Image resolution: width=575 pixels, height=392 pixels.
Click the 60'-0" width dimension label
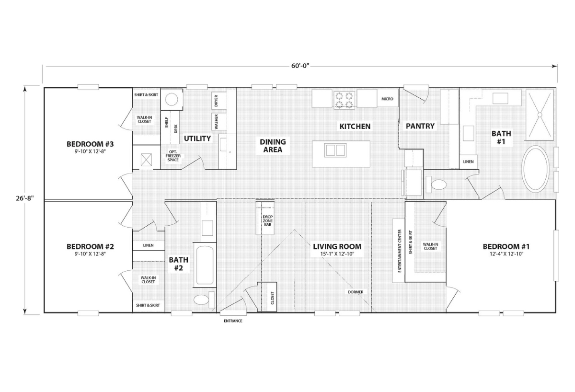[x=300, y=66]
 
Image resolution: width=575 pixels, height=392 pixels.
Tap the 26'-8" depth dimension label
[x=24, y=198]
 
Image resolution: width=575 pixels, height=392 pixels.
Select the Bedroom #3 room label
[x=90, y=144]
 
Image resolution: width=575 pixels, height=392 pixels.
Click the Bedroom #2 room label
[x=90, y=247]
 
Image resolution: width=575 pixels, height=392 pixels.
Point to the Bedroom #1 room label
[x=506, y=247]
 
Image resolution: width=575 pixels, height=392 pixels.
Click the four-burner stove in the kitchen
[x=344, y=100]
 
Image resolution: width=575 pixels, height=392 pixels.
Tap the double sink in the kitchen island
[x=335, y=150]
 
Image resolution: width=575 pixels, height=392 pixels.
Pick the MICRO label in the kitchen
[x=387, y=99]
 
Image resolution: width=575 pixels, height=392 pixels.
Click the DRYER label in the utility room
[x=216, y=101]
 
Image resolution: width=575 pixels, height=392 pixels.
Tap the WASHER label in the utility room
[x=217, y=122]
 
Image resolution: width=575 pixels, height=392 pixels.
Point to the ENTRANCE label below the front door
[x=233, y=321]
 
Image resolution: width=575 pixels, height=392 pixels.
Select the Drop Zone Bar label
[x=268, y=221]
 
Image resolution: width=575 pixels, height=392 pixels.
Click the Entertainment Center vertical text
[x=400, y=251]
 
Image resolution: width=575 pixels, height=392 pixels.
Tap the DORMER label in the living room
[x=356, y=292]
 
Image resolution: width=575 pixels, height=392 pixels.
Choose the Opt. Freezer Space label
[x=173, y=156]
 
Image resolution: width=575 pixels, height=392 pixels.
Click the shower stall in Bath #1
[x=540, y=115]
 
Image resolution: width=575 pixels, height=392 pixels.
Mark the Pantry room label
[x=420, y=126]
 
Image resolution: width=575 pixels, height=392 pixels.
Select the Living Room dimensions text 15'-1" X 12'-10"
[x=337, y=254]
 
